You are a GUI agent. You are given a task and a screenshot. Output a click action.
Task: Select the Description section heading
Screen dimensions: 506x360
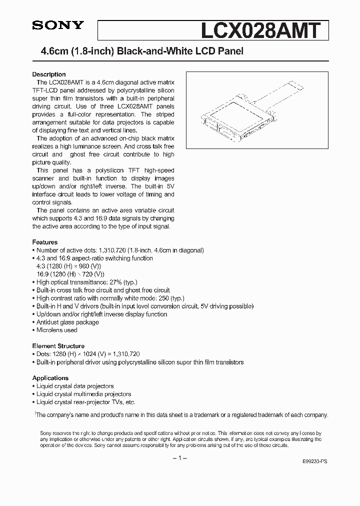pos(49,74)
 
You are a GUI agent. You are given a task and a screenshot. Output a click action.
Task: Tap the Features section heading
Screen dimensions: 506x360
pos(45,242)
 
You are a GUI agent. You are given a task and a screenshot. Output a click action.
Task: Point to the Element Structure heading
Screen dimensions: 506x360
pos(58,346)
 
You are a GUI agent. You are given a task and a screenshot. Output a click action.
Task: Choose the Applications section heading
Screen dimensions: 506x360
pos(50,378)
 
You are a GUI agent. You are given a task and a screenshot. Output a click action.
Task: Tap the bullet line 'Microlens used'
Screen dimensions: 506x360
pos(56,330)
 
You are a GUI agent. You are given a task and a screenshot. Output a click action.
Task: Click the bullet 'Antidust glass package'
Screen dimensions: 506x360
pos(67,322)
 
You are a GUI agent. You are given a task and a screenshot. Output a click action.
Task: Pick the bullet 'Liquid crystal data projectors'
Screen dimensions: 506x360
pos(75,386)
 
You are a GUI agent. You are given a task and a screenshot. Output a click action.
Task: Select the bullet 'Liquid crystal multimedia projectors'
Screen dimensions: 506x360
pos(83,394)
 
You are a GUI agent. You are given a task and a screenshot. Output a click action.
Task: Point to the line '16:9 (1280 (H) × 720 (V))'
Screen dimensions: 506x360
pos(70,274)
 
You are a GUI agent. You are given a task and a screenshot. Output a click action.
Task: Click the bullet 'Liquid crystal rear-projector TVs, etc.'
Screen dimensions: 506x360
pos(85,402)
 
